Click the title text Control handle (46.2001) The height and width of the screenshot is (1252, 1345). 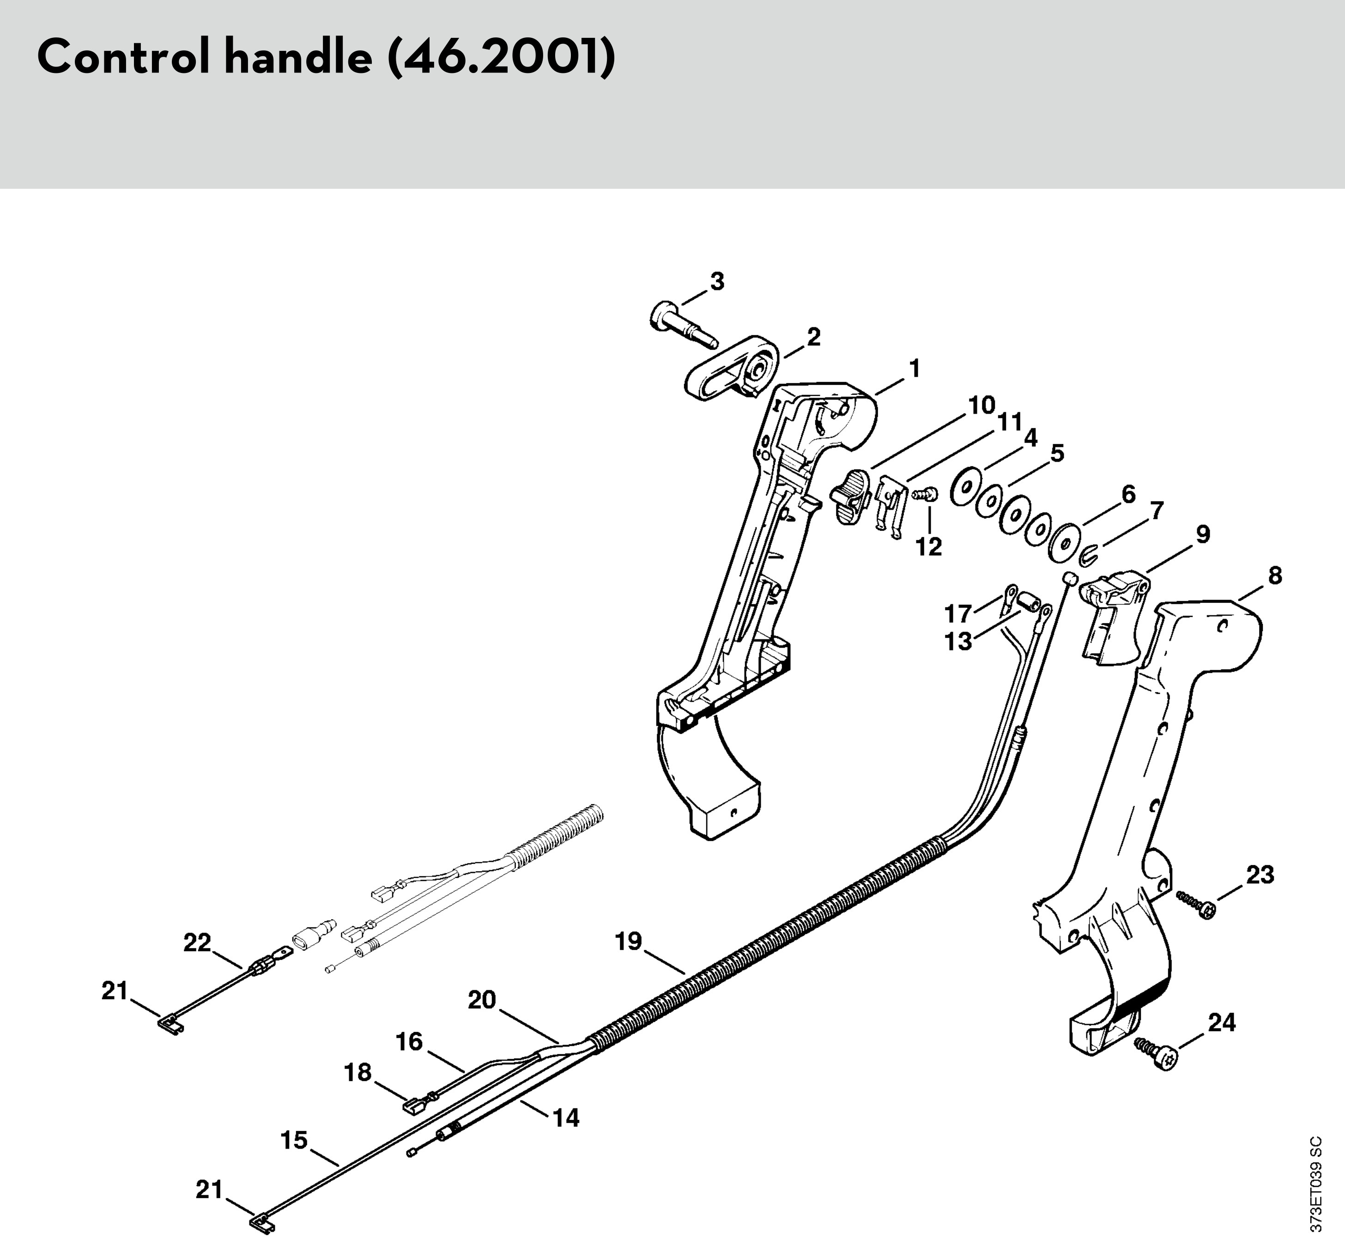click(x=326, y=58)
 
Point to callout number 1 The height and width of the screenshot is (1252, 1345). click(x=915, y=369)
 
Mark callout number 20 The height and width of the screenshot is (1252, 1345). click(x=482, y=999)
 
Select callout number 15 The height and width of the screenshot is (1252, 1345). click(x=294, y=1140)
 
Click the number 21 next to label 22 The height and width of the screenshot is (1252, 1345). click(x=115, y=991)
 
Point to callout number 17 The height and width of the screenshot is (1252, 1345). click(x=958, y=614)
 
